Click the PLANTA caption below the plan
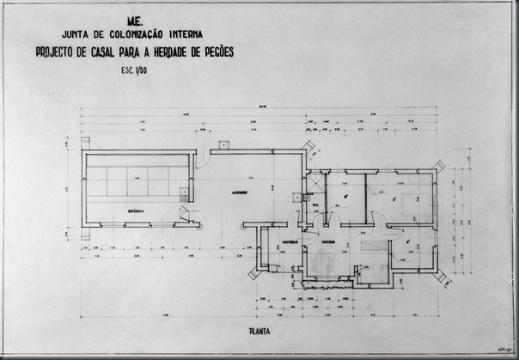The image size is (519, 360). (x=261, y=328)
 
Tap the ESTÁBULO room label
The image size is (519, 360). (x=131, y=210)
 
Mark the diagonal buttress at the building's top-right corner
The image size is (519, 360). (x=442, y=167)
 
